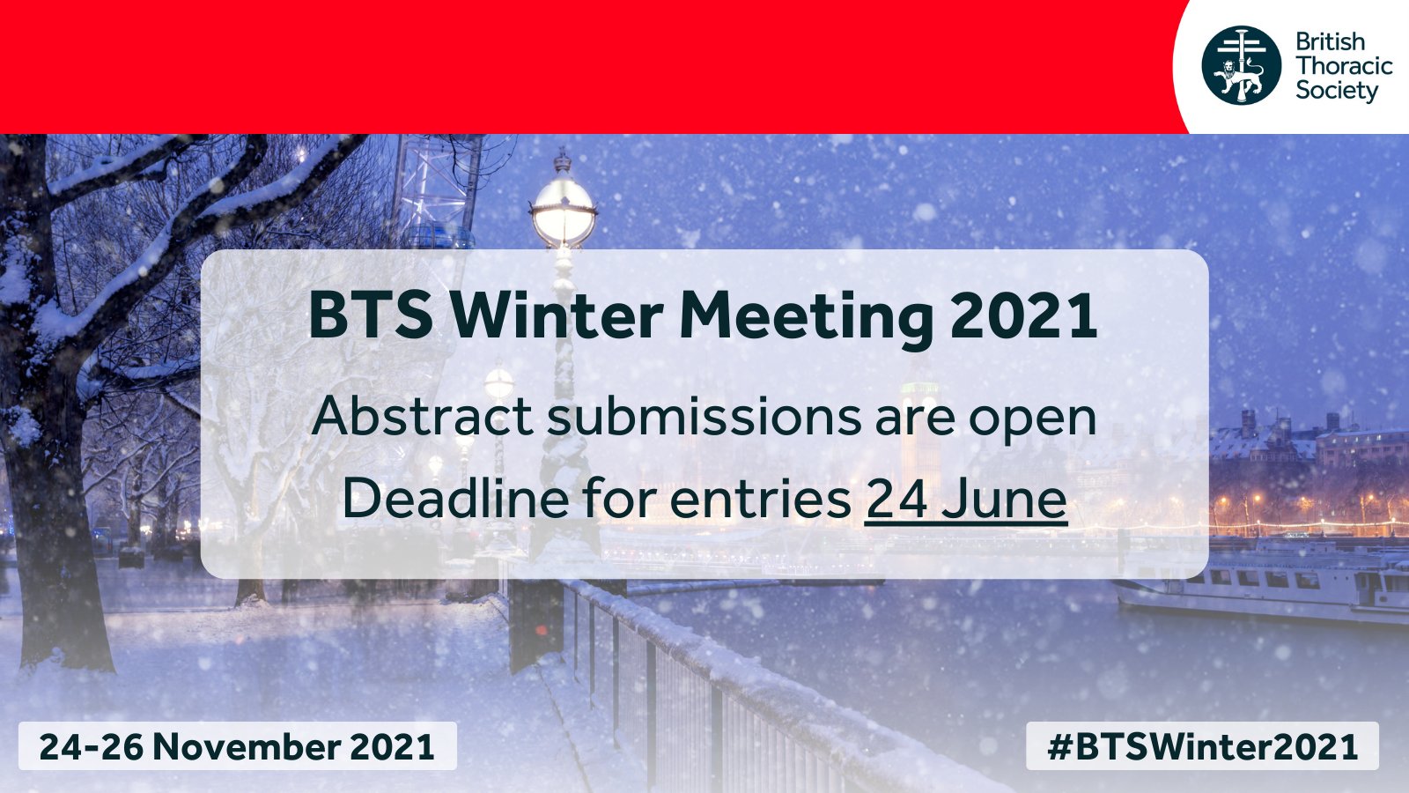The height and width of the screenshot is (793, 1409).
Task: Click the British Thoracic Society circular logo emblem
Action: pos(1241,65)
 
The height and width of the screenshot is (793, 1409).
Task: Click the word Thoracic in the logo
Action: pos(1344,66)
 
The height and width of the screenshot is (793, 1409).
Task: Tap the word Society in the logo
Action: pos(1336,91)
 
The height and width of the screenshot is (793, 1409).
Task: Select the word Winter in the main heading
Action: pos(557,315)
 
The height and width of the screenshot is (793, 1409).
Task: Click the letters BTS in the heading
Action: pos(371,315)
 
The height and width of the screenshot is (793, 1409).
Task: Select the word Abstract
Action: pos(422,415)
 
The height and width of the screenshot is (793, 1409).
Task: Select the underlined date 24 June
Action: pos(966,499)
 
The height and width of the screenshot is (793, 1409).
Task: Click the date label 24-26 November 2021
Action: pos(237,746)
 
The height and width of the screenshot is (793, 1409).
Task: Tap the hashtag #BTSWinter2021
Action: pos(1202,746)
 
